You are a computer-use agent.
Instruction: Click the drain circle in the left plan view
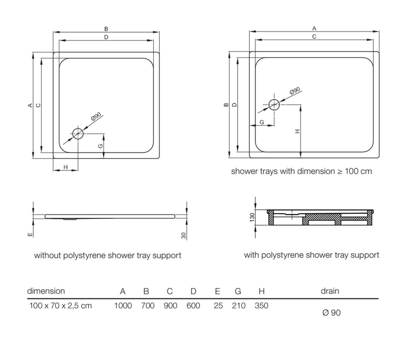(77, 133)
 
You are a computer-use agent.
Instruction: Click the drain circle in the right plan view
(274, 105)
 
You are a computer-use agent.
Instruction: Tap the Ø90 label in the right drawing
(295, 90)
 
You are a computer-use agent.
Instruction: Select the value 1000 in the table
(123, 305)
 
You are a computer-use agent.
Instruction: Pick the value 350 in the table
(261, 305)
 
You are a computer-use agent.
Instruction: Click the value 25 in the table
(218, 305)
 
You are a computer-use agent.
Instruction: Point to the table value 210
(239, 305)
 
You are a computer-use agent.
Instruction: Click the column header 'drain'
(330, 291)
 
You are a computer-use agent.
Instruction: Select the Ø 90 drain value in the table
(331, 313)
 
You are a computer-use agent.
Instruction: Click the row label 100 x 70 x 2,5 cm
(61, 305)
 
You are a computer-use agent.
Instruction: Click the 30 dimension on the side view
(184, 235)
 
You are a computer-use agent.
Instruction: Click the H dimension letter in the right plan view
(297, 131)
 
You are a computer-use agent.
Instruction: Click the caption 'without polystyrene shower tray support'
(107, 256)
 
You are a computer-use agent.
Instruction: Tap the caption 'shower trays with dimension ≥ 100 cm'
(301, 171)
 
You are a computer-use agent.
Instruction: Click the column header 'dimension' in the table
(46, 291)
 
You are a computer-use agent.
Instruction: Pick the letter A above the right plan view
(314, 29)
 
